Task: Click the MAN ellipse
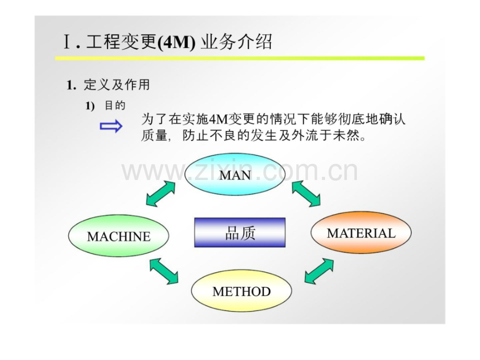235,175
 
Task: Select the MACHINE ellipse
119,236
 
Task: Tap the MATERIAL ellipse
361,233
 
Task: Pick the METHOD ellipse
241,291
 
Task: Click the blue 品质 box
240,233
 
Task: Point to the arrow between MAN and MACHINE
161,194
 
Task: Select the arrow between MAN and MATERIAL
306,194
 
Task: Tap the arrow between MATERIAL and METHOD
319,271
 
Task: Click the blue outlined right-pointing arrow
111,126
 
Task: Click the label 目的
115,105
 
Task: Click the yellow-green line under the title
240,58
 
